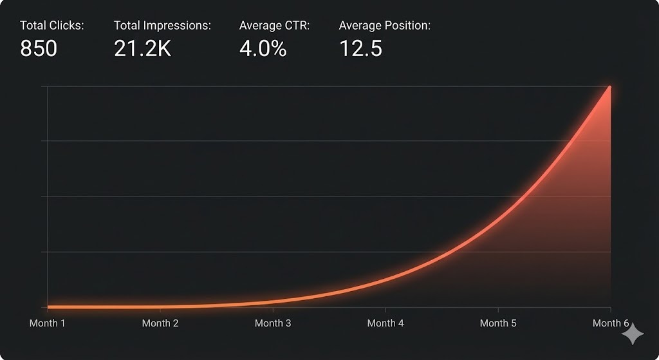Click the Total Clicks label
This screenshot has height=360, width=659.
52,26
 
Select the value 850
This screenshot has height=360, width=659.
39,49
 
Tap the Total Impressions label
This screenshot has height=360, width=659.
162,26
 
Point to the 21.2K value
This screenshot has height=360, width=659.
142,49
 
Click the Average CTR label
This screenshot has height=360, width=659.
274,26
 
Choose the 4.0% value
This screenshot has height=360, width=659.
263,49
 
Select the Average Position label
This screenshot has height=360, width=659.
384,26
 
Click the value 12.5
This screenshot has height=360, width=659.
360,49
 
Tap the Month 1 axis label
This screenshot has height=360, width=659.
48,323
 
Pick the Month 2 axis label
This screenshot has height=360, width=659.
160,323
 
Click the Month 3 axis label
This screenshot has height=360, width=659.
273,323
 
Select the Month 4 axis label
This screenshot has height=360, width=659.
385,323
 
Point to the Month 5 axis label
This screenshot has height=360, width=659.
498,323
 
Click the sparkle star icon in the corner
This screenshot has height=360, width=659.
633,334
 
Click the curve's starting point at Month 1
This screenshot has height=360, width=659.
48,307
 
